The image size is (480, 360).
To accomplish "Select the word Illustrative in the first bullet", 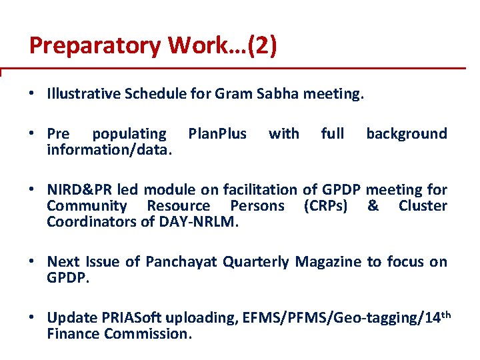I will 83,94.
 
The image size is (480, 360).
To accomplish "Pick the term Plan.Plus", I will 217,134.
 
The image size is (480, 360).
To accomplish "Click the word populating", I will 129,134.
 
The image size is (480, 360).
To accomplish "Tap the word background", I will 406,134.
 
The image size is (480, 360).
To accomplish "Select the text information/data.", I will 109,149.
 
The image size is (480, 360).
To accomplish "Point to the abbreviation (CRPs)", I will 325,206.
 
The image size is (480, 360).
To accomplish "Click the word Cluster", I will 423,206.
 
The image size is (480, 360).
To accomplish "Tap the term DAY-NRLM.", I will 198,221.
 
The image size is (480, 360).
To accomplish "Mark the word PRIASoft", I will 134,319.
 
